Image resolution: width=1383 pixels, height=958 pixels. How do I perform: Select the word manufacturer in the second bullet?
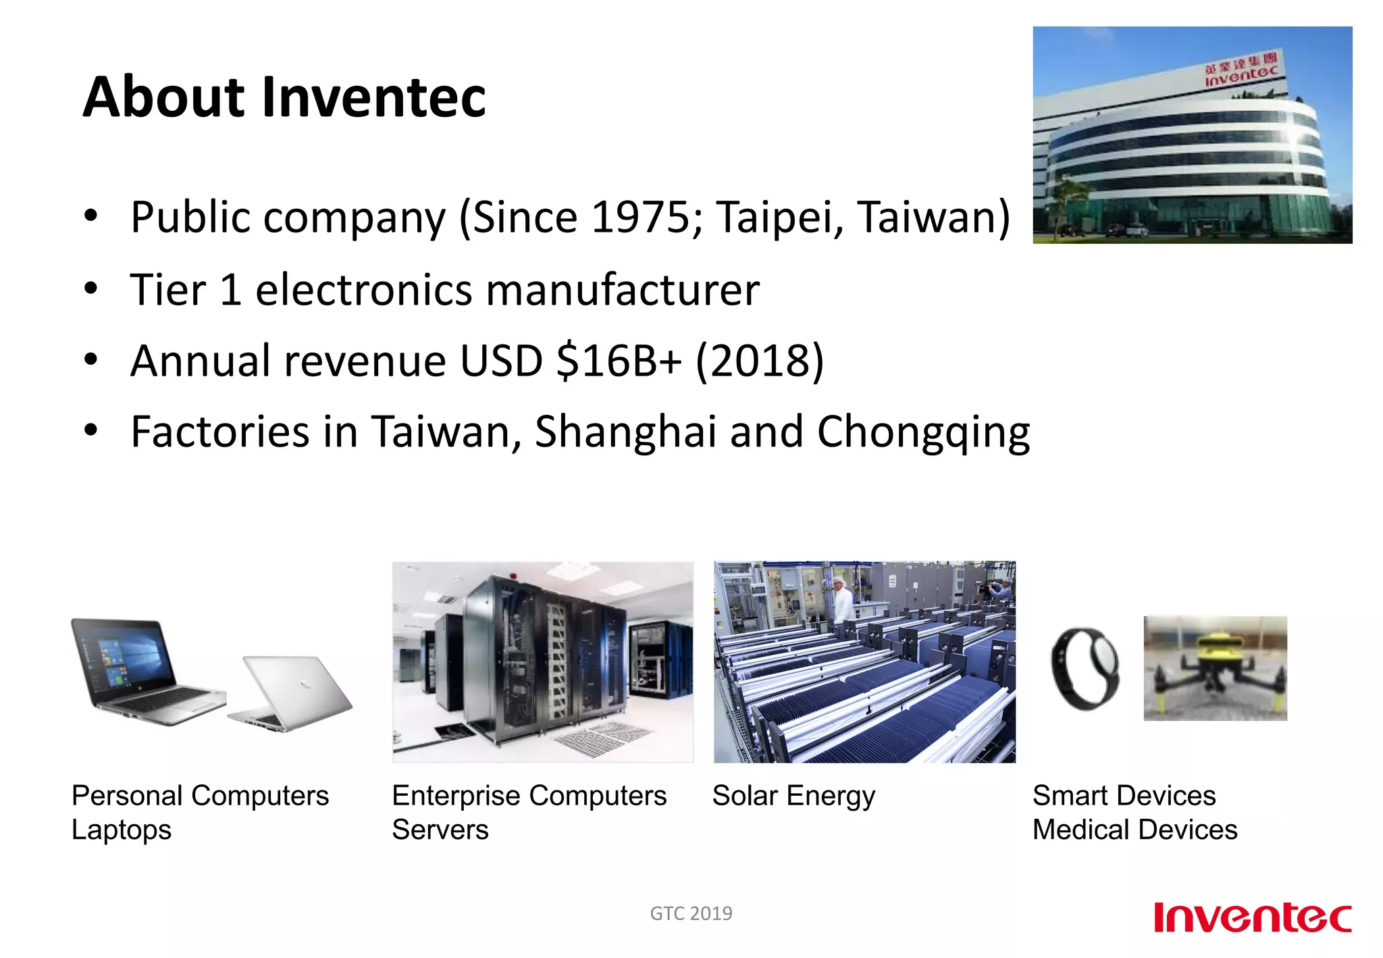(x=622, y=290)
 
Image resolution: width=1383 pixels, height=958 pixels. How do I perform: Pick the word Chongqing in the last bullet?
(x=923, y=432)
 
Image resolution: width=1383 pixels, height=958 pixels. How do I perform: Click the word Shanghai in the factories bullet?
(x=625, y=432)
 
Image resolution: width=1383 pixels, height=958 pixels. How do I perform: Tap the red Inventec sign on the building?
(x=1241, y=73)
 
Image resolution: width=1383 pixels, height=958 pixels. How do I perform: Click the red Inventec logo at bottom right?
(x=1252, y=917)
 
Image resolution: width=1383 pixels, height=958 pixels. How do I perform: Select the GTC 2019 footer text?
(x=691, y=913)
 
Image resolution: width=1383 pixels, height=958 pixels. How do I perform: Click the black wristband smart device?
(x=1085, y=669)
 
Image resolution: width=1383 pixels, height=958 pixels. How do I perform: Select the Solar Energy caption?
(x=793, y=796)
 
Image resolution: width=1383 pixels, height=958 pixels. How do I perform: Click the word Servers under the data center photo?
(x=440, y=830)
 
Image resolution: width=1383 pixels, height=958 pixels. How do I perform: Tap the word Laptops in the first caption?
(x=122, y=830)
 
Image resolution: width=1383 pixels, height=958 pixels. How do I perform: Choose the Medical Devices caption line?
(x=1134, y=830)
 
